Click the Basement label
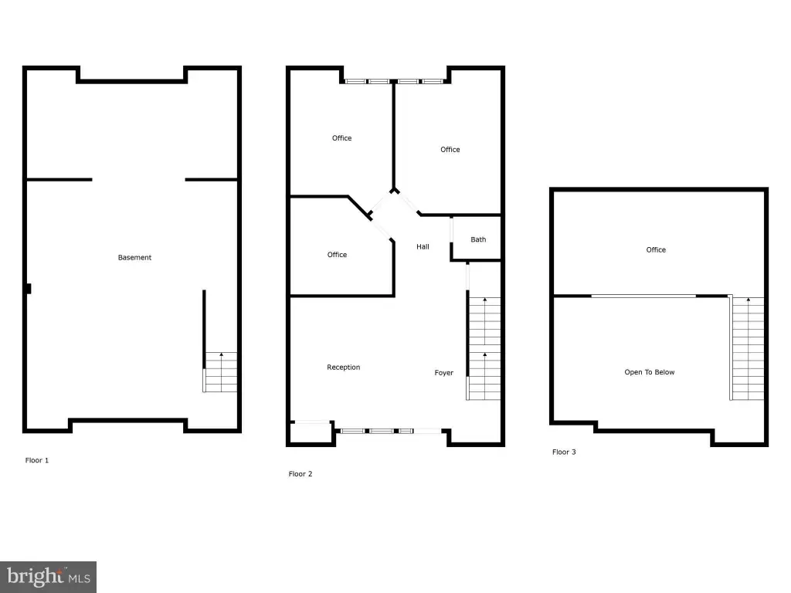(x=134, y=257)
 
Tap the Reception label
(x=344, y=367)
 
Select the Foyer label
(x=444, y=373)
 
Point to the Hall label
(x=423, y=246)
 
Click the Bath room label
(x=478, y=239)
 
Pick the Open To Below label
(x=649, y=372)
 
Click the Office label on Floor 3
(x=656, y=249)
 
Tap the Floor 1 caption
(x=37, y=460)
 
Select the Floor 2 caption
(x=300, y=473)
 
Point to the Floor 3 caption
(x=564, y=452)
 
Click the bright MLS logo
(x=49, y=577)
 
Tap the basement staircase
(x=220, y=372)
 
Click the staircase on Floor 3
(x=747, y=348)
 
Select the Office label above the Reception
(x=337, y=255)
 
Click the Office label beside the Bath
(x=450, y=149)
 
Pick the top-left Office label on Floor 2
(x=341, y=137)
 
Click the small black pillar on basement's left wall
(x=29, y=289)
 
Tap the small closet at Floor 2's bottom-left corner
(x=311, y=432)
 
